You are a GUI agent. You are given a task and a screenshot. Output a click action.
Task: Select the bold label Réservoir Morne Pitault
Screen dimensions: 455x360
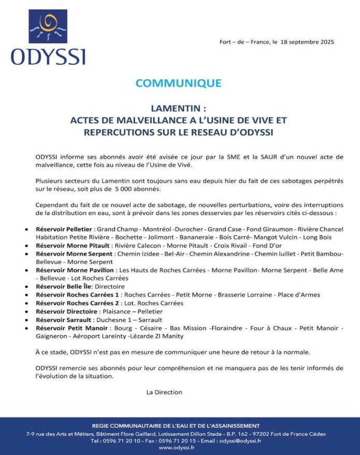click(x=73, y=245)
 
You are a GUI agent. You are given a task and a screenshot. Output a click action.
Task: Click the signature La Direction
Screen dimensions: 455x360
click(x=164, y=392)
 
